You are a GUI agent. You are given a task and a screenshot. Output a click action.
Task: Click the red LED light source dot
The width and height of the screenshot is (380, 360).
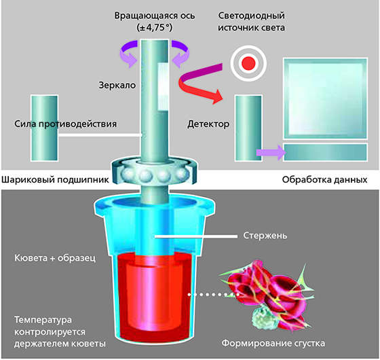coord(248,63)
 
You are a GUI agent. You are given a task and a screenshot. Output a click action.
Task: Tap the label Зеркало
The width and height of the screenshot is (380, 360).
coord(117,85)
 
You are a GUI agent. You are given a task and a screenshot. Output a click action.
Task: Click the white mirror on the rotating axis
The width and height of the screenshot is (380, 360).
coord(163,87)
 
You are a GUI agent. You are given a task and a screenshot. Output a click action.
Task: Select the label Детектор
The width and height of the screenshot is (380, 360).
coord(208,124)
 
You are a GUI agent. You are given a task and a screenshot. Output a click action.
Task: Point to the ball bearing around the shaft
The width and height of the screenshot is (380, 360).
coord(154,171)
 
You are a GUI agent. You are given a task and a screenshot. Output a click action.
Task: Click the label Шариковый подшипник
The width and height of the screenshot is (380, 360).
coord(55,180)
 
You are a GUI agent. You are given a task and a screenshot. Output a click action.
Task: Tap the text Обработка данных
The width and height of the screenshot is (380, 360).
coord(324,180)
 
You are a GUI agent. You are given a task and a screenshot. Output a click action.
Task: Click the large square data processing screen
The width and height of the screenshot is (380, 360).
coord(326,98)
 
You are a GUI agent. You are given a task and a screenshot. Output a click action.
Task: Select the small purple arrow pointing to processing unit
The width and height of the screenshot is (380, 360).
coord(271,153)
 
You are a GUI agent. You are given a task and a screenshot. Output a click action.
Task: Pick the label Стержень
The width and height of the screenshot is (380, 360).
coord(265,236)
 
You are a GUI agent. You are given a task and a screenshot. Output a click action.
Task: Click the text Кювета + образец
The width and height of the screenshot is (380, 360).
coord(55,258)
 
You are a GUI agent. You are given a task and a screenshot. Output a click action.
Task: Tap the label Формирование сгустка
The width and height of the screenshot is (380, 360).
coord(273,343)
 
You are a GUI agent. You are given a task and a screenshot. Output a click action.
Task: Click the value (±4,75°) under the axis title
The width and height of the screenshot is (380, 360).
coord(155,28)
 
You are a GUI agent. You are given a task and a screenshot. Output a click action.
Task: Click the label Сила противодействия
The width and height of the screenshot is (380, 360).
coord(65,124)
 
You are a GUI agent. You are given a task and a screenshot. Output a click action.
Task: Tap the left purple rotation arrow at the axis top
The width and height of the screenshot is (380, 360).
coord(128,54)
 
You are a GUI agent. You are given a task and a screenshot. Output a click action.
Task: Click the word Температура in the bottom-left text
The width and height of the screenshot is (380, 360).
coord(43,320)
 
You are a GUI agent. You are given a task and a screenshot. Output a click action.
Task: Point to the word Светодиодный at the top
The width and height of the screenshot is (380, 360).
coord(251,16)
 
